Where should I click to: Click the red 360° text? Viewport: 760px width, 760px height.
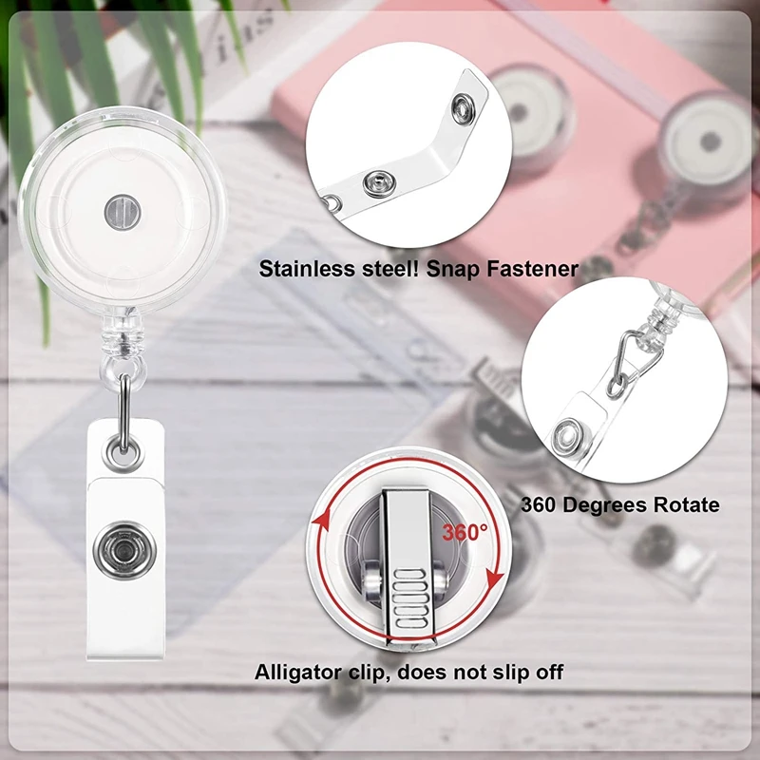(x=465, y=533)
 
